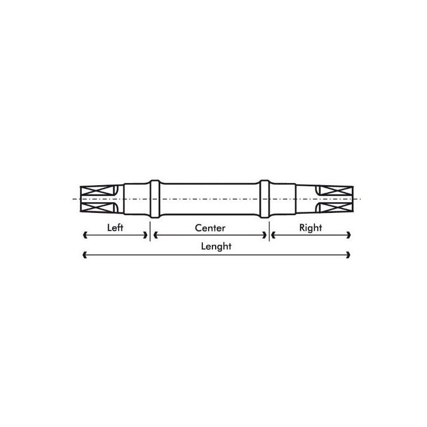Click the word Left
(115, 228)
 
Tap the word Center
(210, 228)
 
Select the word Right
(311, 228)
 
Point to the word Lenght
(216, 247)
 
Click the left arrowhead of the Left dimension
(85, 235)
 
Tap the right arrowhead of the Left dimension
(145, 235)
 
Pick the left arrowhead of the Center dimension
(156, 235)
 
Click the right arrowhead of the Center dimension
(264, 235)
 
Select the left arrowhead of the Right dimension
(273, 235)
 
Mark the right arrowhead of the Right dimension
(349, 235)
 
